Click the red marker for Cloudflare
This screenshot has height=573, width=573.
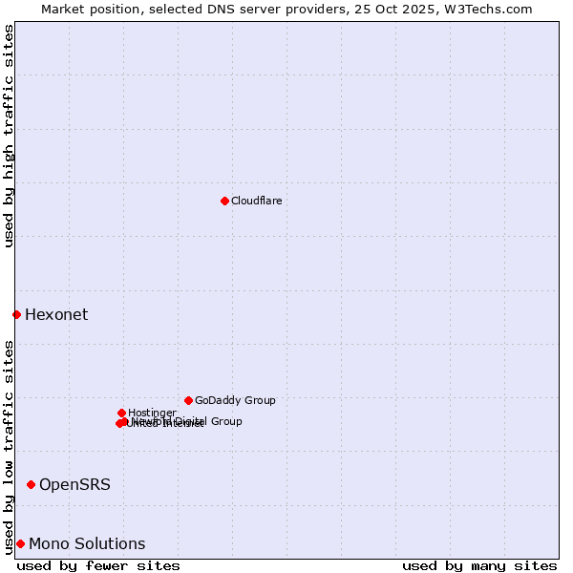pyautogui.click(x=224, y=201)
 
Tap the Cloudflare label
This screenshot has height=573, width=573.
pyautogui.click(x=257, y=201)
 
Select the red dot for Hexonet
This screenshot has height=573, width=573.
pyautogui.click(x=16, y=314)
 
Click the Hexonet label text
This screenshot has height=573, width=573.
pyautogui.click(x=56, y=315)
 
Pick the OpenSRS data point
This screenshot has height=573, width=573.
pyautogui.click(x=31, y=484)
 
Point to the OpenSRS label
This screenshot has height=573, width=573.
pyautogui.click(x=74, y=485)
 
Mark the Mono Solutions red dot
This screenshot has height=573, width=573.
pyautogui.click(x=20, y=543)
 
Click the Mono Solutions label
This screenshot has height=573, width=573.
pyautogui.click(x=87, y=544)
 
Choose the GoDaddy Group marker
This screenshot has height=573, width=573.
pyautogui.click(x=188, y=400)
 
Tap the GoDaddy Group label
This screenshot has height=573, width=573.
pyautogui.click(x=235, y=401)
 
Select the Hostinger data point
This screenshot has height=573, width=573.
pyautogui.click(x=121, y=413)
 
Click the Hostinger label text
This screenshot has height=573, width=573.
pyautogui.click(x=152, y=414)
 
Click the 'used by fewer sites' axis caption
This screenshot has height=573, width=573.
pyautogui.click(x=98, y=565)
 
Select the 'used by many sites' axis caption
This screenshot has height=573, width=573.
pyautogui.click(x=479, y=565)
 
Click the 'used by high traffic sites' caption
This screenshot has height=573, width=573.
pyautogui.click(x=9, y=136)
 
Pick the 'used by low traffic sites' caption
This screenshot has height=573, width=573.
pyautogui.click(x=9, y=446)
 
